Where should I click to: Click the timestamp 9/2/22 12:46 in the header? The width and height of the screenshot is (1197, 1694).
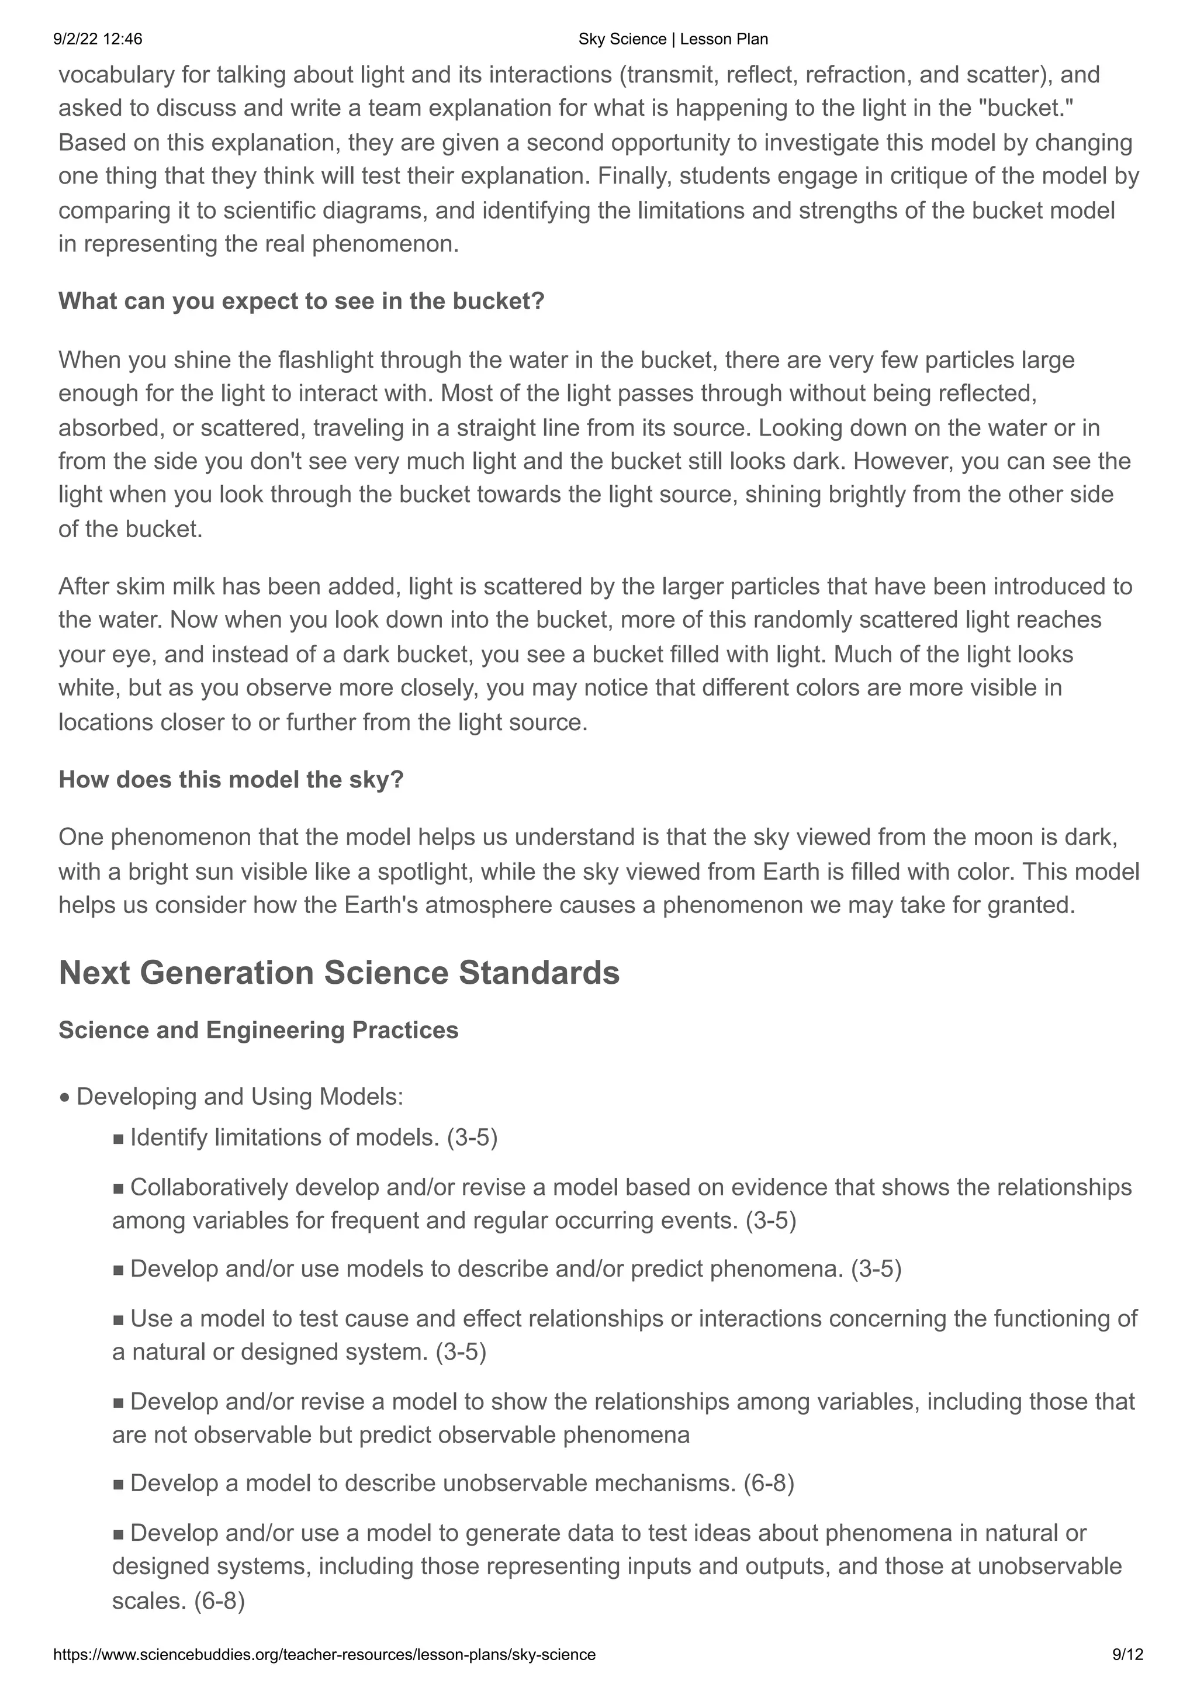98,39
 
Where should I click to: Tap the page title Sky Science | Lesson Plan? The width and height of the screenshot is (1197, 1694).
673,39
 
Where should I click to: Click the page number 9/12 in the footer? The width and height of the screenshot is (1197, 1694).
1127,1655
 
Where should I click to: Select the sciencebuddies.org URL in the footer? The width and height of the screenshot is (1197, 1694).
324,1655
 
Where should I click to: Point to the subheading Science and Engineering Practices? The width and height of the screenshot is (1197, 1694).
258,1030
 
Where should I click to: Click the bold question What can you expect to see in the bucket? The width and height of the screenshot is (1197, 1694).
301,301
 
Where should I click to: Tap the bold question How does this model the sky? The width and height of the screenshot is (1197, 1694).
231,779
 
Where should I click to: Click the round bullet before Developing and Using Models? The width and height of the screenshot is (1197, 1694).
65,1098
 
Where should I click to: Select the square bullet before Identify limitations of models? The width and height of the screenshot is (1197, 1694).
119,1139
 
